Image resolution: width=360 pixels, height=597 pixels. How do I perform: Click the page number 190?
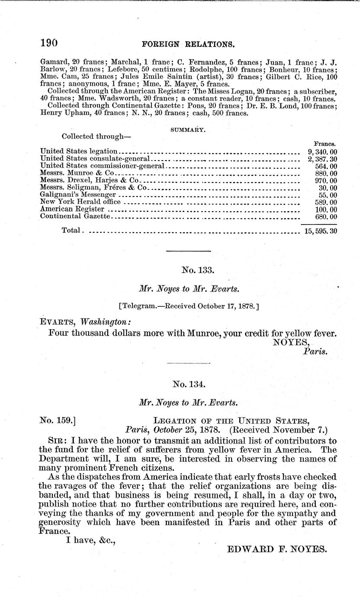pyautogui.click(x=49, y=43)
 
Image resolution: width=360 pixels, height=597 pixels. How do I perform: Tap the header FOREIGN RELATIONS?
pyautogui.click(x=189, y=44)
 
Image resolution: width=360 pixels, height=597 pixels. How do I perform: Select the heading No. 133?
pyautogui.click(x=188, y=270)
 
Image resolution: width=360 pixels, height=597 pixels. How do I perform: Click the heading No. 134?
pyautogui.click(x=188, y=384)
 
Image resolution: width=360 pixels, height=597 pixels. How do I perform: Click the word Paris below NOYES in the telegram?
pyautogui.click(x=315, y=352)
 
